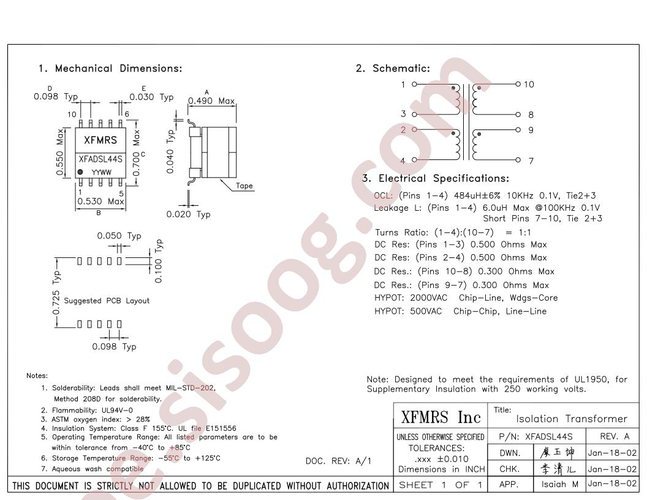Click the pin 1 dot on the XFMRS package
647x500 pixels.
[x=80, y=172]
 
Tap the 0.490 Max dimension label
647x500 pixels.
[x=211, y=100]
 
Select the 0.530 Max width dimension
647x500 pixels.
[x=100, y=202]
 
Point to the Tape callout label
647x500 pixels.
[x=244, y=186]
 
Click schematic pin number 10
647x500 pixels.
[x=529, y=84]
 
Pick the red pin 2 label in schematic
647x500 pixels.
[x=403, y=129]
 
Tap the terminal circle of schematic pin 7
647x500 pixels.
[x=518, y=160]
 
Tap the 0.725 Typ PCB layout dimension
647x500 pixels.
[x=56, y=292]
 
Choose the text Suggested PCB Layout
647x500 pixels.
[x=107, y=301]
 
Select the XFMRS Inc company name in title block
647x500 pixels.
[x=441, y=417]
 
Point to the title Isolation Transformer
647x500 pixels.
[x=572, y=419]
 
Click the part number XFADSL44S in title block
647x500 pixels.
[x=549, y=436]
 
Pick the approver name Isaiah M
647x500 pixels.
[x=560, y=484]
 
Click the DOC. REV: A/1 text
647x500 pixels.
[x=338, y=461]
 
